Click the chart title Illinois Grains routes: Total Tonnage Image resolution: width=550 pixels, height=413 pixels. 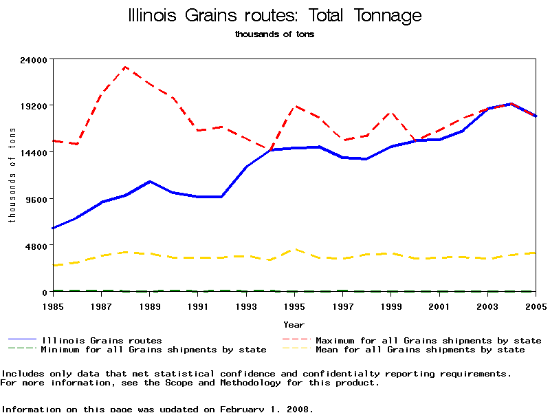click(275, 15)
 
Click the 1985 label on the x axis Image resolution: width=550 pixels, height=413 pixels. click(53, 306)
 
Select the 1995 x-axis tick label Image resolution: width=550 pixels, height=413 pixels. click(295, 306)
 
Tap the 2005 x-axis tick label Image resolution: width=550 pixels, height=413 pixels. click(536, 306)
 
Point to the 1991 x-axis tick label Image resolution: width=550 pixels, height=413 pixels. click(198, 306)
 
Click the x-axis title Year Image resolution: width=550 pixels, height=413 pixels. click(294, 324)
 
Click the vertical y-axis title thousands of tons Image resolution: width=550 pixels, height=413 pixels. click(12, 176)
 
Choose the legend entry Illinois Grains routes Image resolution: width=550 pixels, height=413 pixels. click(102, 340)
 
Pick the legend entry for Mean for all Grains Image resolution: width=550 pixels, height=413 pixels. click(420, 350)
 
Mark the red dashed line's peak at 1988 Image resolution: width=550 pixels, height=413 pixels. click(125, 67)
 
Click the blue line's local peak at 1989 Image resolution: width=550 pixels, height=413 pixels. click(150, 181)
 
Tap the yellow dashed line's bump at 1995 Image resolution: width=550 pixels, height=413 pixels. click(295, 249)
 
